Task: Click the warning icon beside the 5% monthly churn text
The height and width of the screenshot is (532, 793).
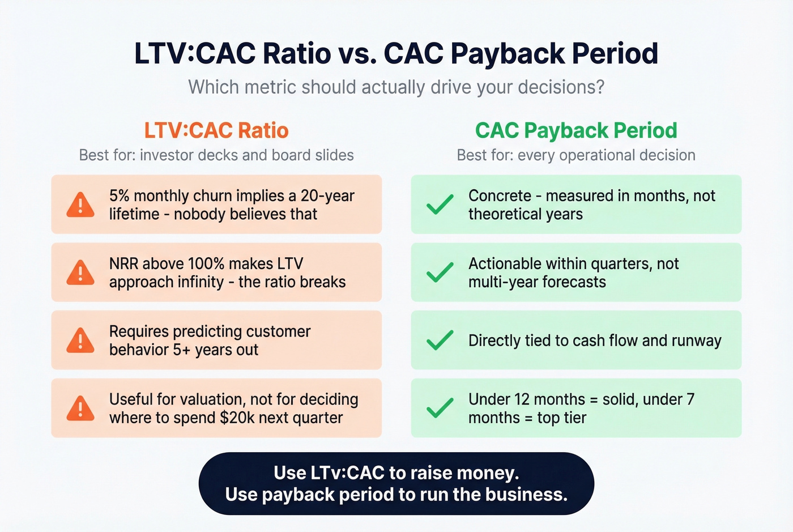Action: (80, 205)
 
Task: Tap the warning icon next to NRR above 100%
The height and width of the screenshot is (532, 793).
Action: (80, 273)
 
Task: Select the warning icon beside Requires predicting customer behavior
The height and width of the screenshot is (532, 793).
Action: (80, 341)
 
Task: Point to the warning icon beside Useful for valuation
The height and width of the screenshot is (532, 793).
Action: (80, 408)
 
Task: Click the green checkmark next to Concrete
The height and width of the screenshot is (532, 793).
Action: (440, 205)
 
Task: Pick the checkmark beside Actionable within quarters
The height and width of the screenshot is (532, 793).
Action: (440, 273)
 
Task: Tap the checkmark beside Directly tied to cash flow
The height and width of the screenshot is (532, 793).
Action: (440, 341)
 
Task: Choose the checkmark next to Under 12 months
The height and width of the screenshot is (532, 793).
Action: (440, 408)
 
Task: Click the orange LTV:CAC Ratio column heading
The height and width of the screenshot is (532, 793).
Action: (216, 130)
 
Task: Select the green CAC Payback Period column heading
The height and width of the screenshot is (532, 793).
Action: (576, 130)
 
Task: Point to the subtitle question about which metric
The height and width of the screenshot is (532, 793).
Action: (396, 87)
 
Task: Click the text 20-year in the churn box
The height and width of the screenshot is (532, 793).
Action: (327, 196)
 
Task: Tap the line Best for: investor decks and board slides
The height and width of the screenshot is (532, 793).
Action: (216, 155)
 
